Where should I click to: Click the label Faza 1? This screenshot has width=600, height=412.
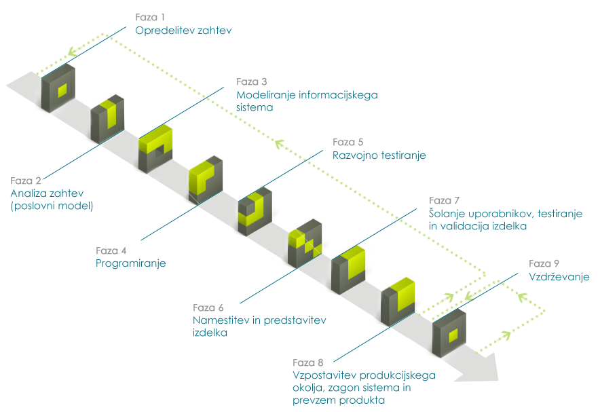tap(149, 16)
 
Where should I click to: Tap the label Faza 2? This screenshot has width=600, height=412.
tap(26, 181)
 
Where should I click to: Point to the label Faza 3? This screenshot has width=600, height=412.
tap(252, 81)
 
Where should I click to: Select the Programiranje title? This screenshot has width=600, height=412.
tap(131, 263)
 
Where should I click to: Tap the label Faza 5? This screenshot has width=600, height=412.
tap(348, 142)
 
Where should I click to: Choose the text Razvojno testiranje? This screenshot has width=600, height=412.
tap(379, 155)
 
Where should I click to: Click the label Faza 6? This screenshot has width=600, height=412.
tap(208, 307)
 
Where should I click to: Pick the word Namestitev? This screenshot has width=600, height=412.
tap(221, 320)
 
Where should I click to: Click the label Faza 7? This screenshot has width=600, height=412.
tap(445, 200)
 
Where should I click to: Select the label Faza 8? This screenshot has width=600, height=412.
tap(308, 362)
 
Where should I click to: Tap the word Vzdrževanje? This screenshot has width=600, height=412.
tap(559, 277)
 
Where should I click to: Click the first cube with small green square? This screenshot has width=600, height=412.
tap(58, 90)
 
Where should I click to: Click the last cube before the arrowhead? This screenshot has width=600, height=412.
tap(449, 333)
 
